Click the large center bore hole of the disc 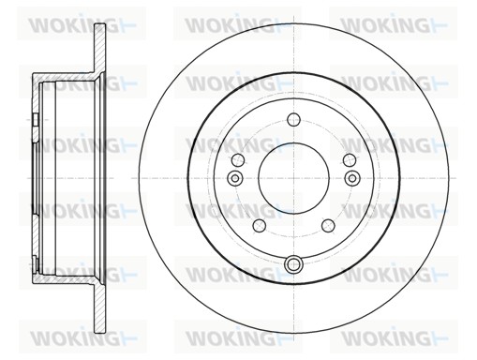coord(293,178)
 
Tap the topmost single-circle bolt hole coord(293,119)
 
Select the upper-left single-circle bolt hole coord(238,160)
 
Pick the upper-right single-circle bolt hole coord(350,160)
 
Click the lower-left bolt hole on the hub coord(259,226)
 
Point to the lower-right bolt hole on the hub coord(328,226)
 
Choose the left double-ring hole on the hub coord(235,178)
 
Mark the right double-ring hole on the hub coord(352,178)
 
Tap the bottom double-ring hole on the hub coord(293,264)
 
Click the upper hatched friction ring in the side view coord(100,49)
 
